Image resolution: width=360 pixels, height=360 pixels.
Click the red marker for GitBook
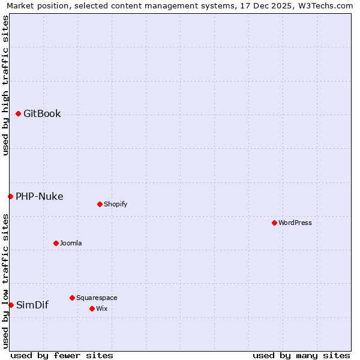click(x=18, y=113)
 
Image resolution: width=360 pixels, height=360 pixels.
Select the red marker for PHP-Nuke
click(x=10, y=196)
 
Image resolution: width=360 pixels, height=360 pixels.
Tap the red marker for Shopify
click(x=100, y=204)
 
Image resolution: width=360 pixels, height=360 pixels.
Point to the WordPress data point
click(x=274, y=223)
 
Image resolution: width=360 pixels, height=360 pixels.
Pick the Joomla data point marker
click(x=56, y=243)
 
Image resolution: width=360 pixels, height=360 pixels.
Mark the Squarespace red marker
click(x=72, y=298)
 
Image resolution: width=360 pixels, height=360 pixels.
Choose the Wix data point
click(x=92, y=308)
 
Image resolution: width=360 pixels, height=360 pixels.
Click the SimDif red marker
click(x=11, y=305)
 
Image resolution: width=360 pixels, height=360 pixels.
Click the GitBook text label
click(x=42, y=114)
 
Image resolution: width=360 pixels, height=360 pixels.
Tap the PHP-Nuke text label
click(x=39, y=196)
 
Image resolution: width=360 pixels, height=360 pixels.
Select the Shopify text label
click(x=115, y=204)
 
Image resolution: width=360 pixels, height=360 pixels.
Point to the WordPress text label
click(x=295, y=223)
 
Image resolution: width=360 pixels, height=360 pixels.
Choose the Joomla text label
click(x=71, y=243)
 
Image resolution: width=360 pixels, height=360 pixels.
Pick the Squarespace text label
click(x=97, y=298)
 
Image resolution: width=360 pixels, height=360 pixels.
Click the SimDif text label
click(x=32, y=305)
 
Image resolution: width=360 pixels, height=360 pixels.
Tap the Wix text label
click(x=101, y=308)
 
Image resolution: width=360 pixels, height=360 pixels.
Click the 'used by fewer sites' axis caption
click(x=62, y=355)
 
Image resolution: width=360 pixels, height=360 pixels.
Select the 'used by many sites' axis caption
click(x=301, y=355)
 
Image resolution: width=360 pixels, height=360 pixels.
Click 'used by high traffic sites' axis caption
click(x=6, y=85)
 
